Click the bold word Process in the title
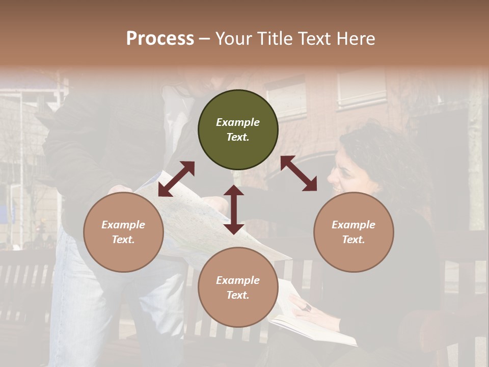coord(160,38)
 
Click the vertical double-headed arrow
coord(234,209)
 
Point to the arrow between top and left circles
coord(176,179)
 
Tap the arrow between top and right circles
coord(298,173)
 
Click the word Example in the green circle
coord(238,122)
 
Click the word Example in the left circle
coord(123,225)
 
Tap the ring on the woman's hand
coord(308,307)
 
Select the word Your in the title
coord(232,38)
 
